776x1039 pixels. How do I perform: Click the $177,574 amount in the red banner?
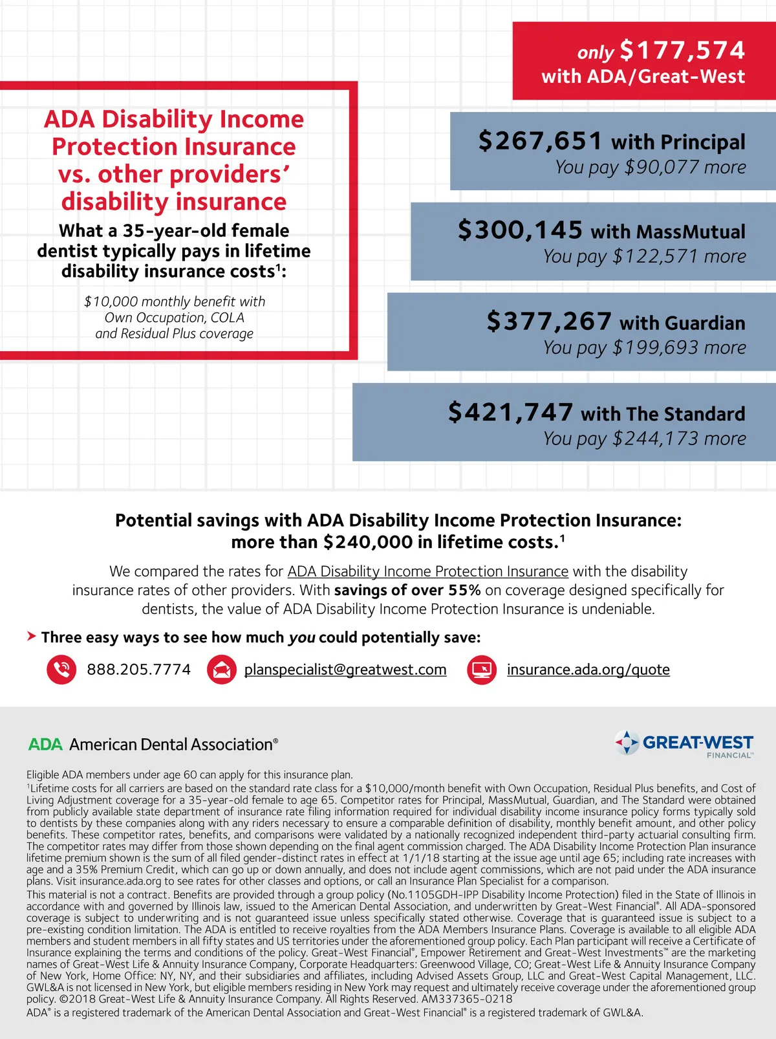pyautogui.click(x=682, y=50)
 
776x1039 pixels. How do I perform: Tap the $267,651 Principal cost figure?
pyautogui.click(x=540, y=141)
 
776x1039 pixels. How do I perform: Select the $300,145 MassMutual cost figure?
pyautogui.click(x=520, y=231)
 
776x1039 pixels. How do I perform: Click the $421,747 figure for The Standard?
pyautogui.click(x=510, y=412)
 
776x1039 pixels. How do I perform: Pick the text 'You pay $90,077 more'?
pyautogui.click(x=650, y=168)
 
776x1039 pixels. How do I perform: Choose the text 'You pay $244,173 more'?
pyautogui.click(x=644, y=439)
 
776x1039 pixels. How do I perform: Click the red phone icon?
pyautogui.click(x=61, y=670)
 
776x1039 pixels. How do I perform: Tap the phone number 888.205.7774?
pyautogui.click(x=139, y=670)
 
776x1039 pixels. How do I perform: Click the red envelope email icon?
pyautogui.click(x=222, y=670)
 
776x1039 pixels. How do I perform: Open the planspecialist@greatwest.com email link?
pyautogui.click(x=345, y=670)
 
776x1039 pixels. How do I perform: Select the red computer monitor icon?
pyautogui.click(x=482, y=670)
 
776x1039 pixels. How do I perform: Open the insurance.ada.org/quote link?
pyautogui.click(x=588, y=670)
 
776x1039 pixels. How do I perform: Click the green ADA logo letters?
pyautogui.click(x=45, y=745)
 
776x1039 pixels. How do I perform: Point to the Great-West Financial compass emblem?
pyautogui.click(x=627, y=743)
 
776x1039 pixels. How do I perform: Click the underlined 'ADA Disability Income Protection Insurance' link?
pyautogui.click(x=427, y=571)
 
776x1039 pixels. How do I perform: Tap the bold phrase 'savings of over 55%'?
pyautogui.click(x=407, y=590)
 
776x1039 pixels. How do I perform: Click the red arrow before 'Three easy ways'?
pyautogui.click(x=31, y=637)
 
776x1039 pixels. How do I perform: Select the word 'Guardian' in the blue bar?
pyautogui.click(x=705, y=323)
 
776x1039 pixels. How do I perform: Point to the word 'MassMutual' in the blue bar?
pyautogui.click(x=691, y=232)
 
